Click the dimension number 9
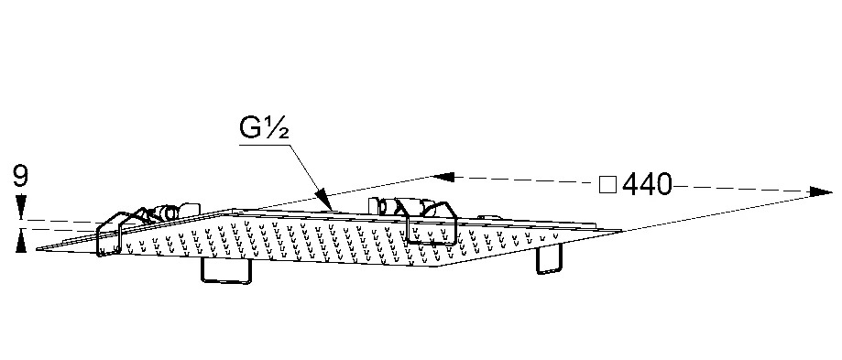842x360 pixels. (20, 177)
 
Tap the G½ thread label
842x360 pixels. (264, 129)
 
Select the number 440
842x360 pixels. (647, 185)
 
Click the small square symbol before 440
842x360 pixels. (607, 185)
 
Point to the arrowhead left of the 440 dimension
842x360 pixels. (443, 177)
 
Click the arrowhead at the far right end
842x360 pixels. (821, 191)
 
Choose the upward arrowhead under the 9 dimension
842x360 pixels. (21, 240)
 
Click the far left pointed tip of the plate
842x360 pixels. (37, 249)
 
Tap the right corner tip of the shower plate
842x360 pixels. (621, 231)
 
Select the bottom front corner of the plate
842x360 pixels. (438, 267)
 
